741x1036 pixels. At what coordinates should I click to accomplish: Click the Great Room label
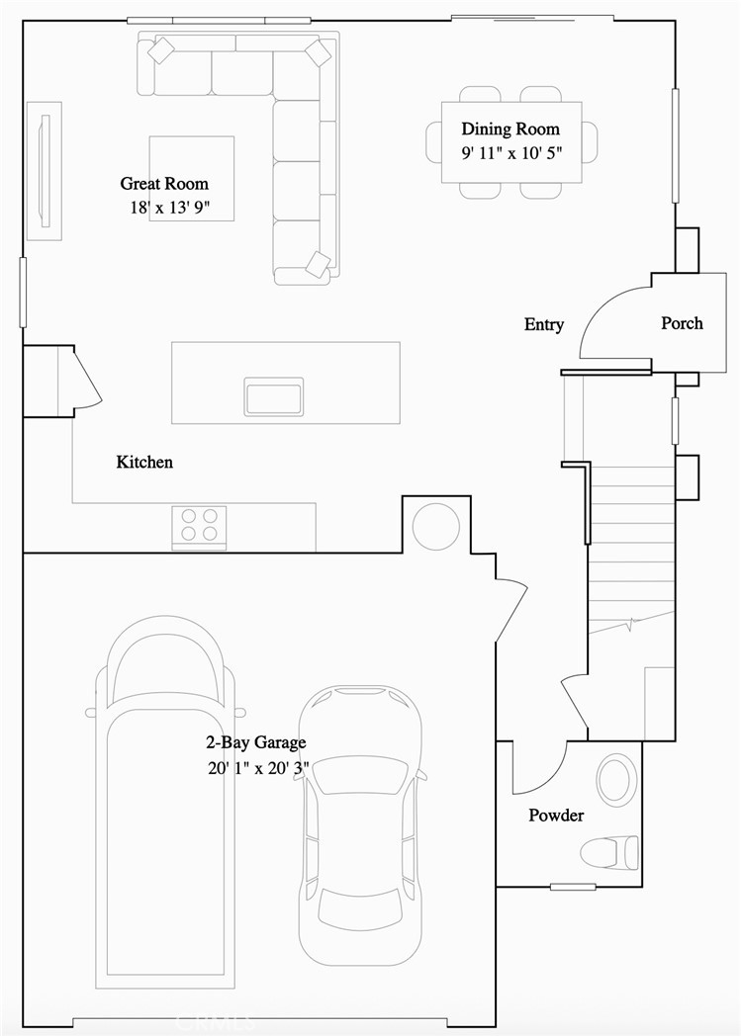pyautogui.click(x=164, y=184)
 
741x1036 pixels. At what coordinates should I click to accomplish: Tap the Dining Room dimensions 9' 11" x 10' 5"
pyautogui.click(x=509, y=153)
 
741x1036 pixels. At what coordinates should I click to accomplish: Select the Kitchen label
pyautogui.click(x=144, y=462)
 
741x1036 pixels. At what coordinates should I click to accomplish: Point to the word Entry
pyautogui.click(x=543, y=324)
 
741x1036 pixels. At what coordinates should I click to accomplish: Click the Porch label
pyautogui.click(x=682, y=323)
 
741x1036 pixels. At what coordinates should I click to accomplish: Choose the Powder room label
pyautogui.click(x=555, y=816)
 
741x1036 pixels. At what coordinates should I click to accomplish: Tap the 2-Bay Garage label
pyautogui.click(x=255, y=742)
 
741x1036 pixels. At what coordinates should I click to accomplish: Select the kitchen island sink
pyautogui.click(x=274, y=396)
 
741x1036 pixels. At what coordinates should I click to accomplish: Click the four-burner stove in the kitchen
pyautogui.click(x=199, y=525)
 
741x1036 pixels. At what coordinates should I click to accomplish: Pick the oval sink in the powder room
pyautogui.click(x=616, y=780)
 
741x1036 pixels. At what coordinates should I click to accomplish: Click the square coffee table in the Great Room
pyautogui.click(x=192, y=179)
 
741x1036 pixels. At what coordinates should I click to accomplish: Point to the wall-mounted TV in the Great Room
pyautogui.click(x=43, y=170)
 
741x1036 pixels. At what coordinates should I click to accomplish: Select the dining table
pyautogui.click(x=511, y=141)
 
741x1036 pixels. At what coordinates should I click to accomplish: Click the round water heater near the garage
pyautogui.click(x=435, y=526)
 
